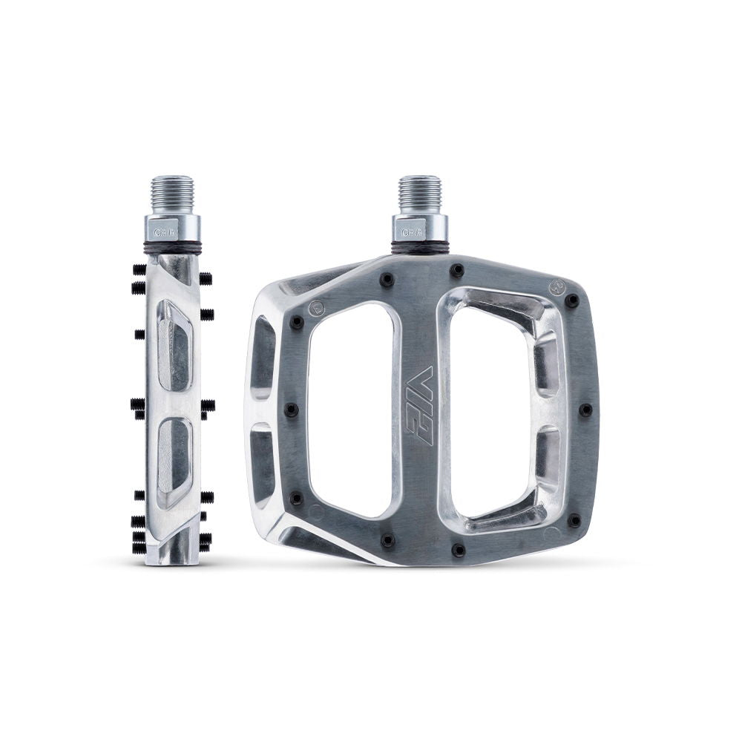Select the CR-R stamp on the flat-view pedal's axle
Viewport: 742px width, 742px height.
412,232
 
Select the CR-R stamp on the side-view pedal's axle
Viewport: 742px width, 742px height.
164,232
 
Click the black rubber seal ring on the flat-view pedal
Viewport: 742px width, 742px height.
420,246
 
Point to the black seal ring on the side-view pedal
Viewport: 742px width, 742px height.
172,246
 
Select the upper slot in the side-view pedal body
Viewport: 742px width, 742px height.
174,345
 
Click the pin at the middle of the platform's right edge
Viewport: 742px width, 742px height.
585,410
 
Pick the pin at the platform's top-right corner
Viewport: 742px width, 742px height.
572,301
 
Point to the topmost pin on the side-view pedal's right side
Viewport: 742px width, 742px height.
206,278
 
